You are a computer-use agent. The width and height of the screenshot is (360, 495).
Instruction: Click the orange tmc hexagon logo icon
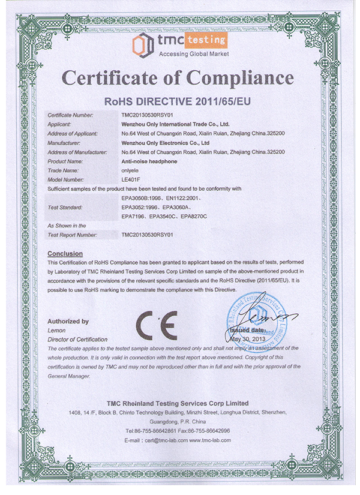click(140, 43)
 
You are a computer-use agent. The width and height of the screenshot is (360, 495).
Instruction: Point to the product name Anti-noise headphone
click(148, 161)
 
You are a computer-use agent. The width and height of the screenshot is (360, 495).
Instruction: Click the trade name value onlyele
click(130, 170)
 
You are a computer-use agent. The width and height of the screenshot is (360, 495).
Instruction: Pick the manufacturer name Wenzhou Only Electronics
click(165, 143)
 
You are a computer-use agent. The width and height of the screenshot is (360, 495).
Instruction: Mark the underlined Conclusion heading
click(65, 253)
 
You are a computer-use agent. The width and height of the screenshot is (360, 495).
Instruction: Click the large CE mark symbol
click(155, 326)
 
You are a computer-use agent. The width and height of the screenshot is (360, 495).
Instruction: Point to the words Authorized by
click(68, 321)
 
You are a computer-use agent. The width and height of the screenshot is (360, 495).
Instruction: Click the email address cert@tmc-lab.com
click(163, 440)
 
